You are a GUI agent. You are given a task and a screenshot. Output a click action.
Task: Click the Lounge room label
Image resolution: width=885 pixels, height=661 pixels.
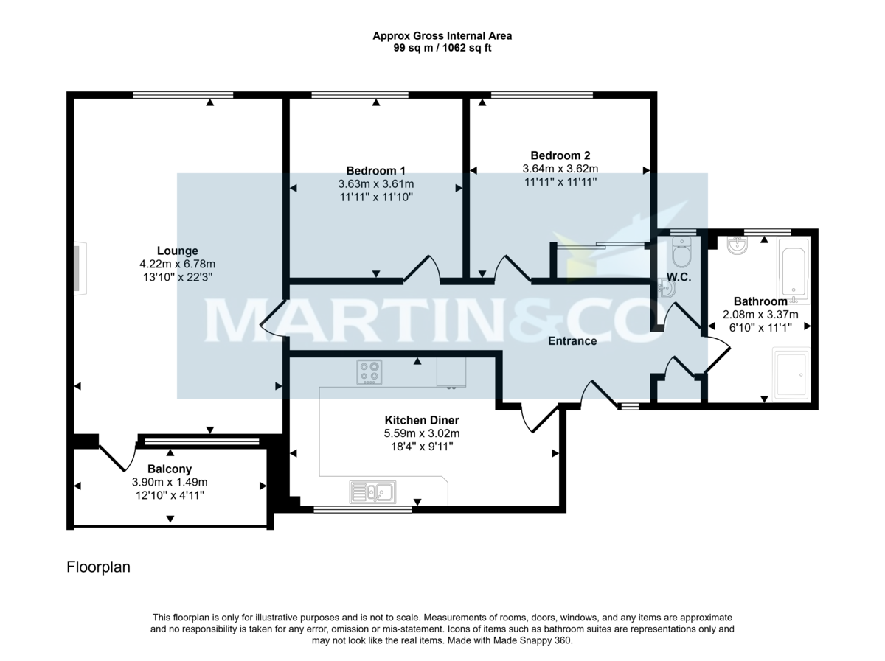(177, 251)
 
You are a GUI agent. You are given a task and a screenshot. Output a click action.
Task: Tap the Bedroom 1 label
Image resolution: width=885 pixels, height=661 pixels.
(375, 170)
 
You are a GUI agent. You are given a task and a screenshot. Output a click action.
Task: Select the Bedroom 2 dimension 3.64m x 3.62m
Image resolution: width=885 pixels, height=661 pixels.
(560, 169)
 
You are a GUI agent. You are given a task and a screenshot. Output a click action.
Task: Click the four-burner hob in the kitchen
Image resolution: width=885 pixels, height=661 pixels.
(370, 372)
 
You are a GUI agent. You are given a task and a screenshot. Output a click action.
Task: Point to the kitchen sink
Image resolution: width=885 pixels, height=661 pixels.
(372, 491)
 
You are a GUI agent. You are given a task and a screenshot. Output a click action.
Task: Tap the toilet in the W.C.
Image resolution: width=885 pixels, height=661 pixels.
(681, 253)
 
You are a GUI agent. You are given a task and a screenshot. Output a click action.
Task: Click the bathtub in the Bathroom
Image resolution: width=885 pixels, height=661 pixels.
(794, 270)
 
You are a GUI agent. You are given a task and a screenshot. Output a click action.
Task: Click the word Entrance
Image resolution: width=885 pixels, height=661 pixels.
(572, 341)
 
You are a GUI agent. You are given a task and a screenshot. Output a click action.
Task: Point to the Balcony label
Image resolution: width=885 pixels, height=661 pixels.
(170, 469)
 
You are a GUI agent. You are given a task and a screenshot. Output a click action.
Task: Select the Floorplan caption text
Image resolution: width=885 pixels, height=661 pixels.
(98, 567)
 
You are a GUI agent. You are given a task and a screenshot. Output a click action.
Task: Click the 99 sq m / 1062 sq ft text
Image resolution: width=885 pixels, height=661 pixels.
(442, 49)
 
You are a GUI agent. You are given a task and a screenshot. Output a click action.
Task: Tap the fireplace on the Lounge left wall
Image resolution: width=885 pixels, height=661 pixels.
(79, 269)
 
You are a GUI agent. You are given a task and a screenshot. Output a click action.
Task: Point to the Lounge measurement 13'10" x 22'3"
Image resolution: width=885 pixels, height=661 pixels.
(177, 277)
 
